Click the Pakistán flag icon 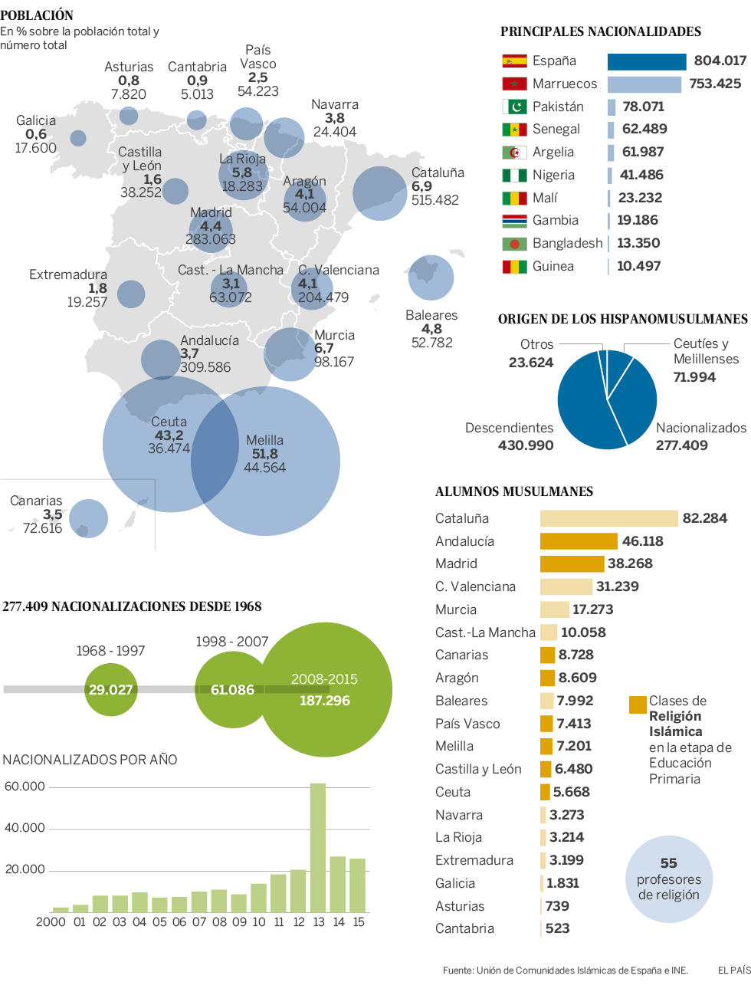(x=514, y=107)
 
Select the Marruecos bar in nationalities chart (x=644, y=84)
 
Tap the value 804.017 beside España (x=720, y=61)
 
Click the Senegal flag (x=514, y=130)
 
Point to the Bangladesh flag (x=514, y=244)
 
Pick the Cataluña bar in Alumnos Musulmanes (x=608, y=518)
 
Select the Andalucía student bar (x=579, y=541)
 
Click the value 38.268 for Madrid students (x=630, y=563)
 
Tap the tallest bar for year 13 (x=318, y=847)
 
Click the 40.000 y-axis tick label (x=25, y=828)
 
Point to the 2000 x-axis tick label (x=51, y=922)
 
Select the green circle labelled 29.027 (x=110, y=689)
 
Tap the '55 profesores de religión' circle (x=669, y=879)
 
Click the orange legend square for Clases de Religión (x=638, y=705)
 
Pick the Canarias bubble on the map (x=88, y=518)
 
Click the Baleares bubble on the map (x=431, y=278)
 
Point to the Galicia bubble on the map (x=78, y=138)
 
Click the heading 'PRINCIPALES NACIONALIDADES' (x=601, y=31)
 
